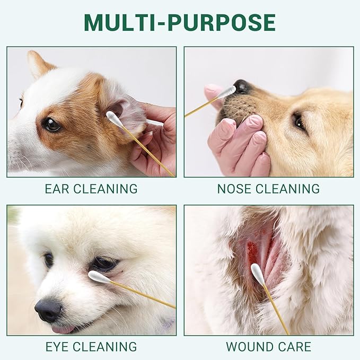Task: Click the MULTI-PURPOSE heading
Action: click(180, 22)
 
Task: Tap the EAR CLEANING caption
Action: click(91, 189)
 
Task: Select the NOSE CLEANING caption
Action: click(268, 189)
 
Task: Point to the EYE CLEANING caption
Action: click(91, 347)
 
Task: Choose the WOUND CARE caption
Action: click(268, 347)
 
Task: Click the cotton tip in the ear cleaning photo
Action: click(114, 119)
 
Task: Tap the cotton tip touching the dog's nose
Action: click(226, 92)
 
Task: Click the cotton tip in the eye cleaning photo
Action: click(99, 276)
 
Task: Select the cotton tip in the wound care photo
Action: click(258, 274)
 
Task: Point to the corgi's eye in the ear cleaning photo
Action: click(51, 125)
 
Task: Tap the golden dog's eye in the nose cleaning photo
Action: click(300, 122)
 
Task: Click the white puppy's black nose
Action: click(49, 309)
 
